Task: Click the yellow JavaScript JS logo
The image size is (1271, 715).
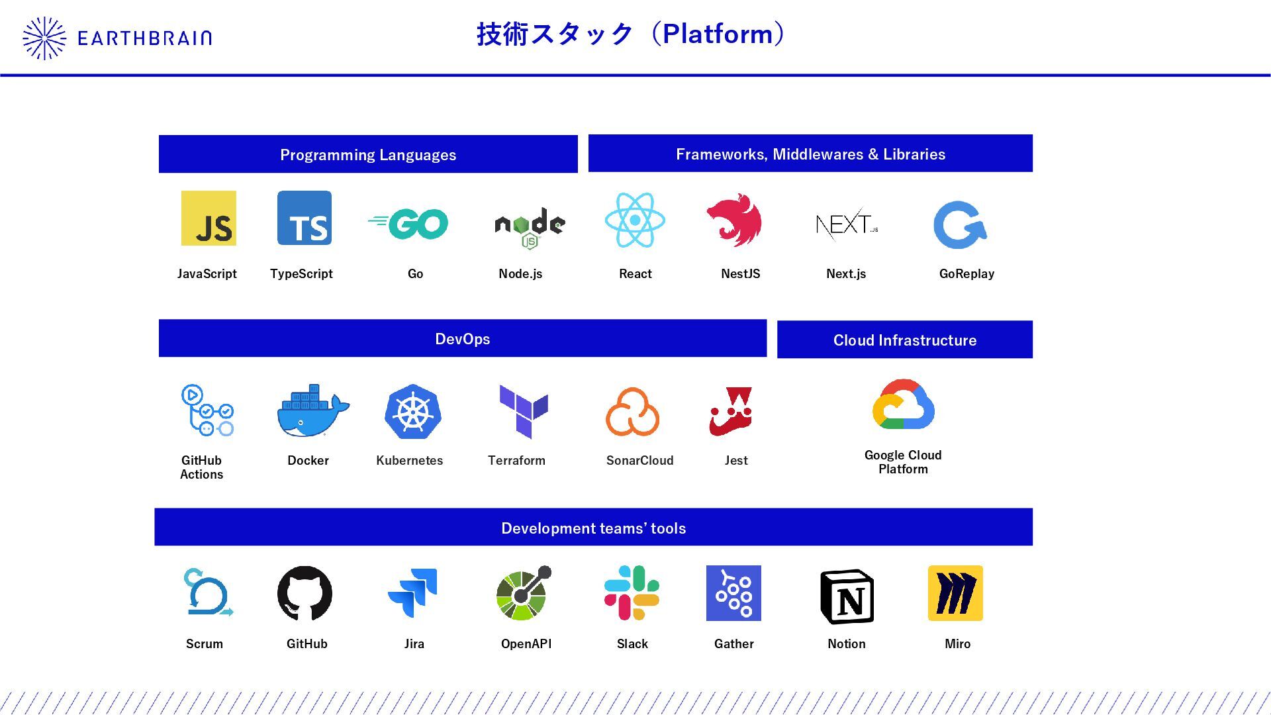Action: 209,218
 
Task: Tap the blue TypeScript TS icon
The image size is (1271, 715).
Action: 305,218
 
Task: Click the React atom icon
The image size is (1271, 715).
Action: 635,220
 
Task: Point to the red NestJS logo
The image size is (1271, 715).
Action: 734,220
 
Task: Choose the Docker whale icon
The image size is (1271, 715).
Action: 311,411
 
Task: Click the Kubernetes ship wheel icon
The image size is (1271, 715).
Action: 413,412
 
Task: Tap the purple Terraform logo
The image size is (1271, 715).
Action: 524,411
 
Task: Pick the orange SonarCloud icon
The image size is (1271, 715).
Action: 632,412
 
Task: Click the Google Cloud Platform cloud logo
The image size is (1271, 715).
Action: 904,405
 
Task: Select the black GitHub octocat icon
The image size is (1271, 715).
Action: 305,593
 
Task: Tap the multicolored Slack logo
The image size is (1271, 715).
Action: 632,593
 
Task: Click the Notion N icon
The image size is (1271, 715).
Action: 847,596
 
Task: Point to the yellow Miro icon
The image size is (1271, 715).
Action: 955,593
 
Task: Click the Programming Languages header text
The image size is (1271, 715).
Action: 368,155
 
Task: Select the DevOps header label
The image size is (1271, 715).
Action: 463,339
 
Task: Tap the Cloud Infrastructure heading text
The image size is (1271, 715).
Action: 905,340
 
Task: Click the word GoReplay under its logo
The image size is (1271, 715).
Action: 966,274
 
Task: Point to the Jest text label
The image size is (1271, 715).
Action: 736,461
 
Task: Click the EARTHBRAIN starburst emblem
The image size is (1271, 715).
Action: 44,38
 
